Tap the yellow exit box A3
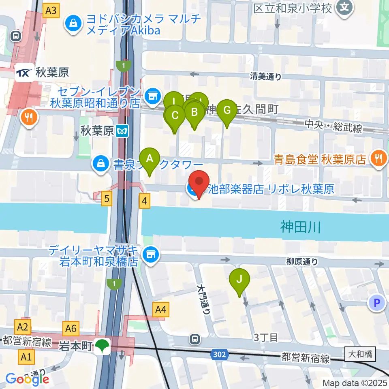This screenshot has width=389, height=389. (51, 11)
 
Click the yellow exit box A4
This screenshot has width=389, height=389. (161, 310)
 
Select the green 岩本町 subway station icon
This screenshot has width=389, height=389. (103, 347)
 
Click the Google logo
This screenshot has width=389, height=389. (28, 379)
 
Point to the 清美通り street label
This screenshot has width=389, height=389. (265, 76)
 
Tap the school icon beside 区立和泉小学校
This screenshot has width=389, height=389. (345, 7)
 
